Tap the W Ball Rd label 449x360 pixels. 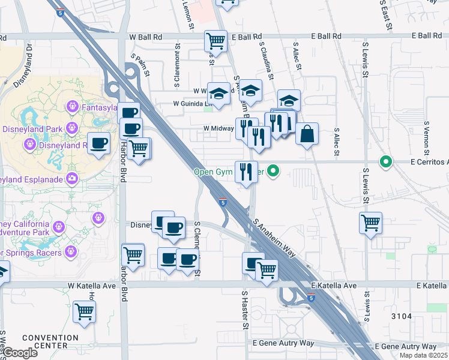click(145, 37)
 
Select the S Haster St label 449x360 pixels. click(246, 310)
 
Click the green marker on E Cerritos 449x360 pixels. click(385, 162)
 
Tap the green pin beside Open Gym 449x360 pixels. click(274, 172)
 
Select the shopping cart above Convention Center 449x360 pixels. click(85, 311)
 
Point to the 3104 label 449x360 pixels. click(402, 316)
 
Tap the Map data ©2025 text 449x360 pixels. click(423, 355)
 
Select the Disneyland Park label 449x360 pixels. click(32, 129)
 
